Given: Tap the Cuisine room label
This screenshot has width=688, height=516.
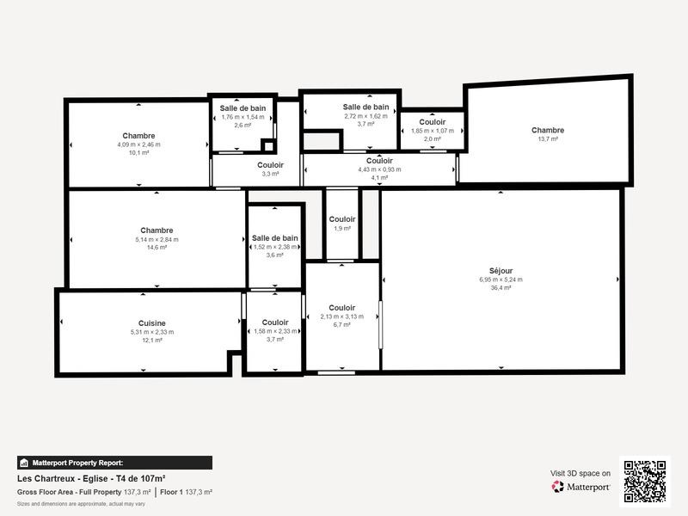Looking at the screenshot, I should pos(151,323).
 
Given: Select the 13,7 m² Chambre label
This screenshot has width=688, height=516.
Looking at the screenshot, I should pos(548,131).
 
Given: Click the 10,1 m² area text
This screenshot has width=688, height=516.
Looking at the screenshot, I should pos(138,153).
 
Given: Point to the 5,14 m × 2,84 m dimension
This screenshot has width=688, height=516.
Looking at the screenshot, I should pos(157,239).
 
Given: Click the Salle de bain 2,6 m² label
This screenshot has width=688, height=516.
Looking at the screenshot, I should pos(243,108).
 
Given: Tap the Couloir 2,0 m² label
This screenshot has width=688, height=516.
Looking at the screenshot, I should pos(433,122).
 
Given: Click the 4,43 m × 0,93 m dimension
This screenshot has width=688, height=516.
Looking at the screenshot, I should pos(379,169).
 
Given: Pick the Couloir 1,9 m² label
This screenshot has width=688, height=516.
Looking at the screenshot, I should pos(342,219).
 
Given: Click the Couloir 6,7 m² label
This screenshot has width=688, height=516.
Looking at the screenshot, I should pos(341,308).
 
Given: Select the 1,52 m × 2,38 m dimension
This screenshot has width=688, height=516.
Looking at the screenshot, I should pos(275,247).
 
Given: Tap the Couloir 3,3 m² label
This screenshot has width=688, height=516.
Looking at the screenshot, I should pos(270,165).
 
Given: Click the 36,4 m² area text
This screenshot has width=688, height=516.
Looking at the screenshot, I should pos(501,288).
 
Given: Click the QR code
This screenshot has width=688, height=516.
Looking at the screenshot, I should pos(644,481).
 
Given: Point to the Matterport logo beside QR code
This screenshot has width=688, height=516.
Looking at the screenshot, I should pos(581,487).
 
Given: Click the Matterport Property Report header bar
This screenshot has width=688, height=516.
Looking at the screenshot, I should pos(114,463).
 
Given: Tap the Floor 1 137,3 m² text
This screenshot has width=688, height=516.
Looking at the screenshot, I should pos(186,492).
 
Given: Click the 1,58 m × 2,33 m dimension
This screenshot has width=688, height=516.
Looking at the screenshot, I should pos(275,331).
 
